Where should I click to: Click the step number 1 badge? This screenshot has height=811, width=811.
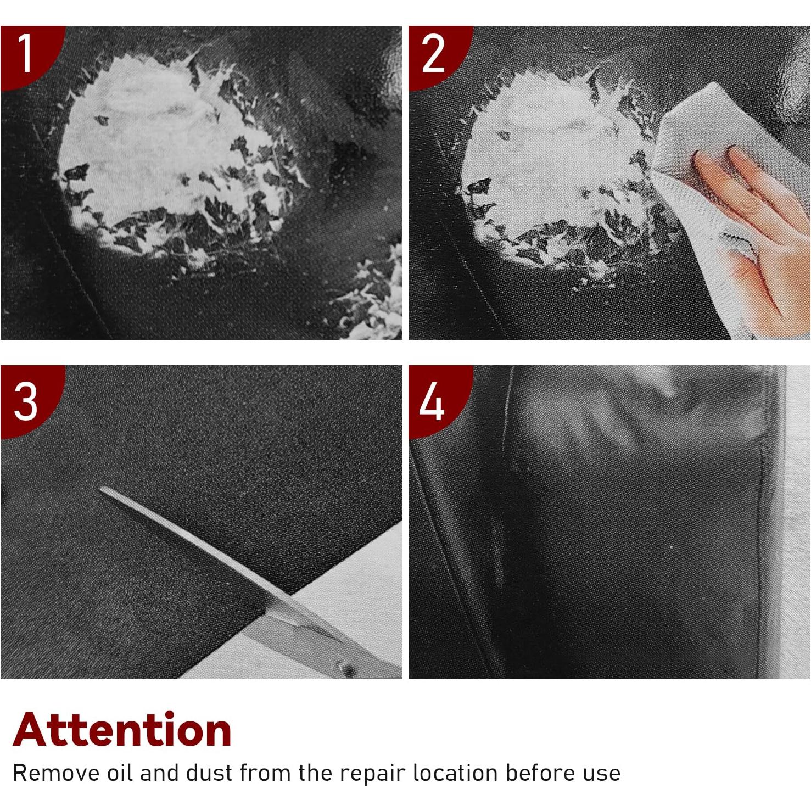(25, 54)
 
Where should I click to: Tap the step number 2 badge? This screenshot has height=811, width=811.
(433, 54)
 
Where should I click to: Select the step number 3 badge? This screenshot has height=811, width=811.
(25, 401)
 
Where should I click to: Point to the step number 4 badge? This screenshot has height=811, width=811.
(432, 401)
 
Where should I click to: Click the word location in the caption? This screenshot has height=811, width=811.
(455, 773)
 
